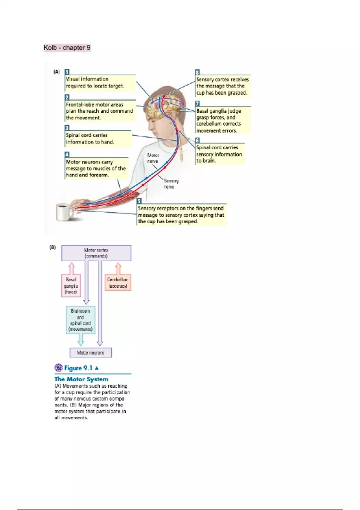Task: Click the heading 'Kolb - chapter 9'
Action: click(67, 48)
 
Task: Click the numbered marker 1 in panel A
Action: click(67, 72)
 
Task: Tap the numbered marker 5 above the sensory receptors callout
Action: click(139, 201)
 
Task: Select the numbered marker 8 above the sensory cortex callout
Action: click(197, 72)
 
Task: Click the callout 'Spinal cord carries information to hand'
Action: click(98, 139)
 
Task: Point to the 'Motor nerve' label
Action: click(153, 158)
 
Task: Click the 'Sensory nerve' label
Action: click(171, 184)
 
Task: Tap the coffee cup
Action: click(64, 212)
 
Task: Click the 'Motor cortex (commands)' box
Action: click(96, 253)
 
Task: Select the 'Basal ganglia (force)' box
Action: click(71, 286)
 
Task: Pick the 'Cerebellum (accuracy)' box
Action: click(118, 283)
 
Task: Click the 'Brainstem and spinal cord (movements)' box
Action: click(80, 320)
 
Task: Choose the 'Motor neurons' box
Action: click(91, 353)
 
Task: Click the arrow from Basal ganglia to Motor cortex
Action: click(71, 268)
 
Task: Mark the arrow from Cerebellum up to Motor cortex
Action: click(118, 268)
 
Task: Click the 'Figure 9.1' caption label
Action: click(78, 368)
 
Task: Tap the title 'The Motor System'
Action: click(81, 379)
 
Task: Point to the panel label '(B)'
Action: click(52, 247)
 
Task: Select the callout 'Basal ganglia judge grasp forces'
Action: click(223, 120)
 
